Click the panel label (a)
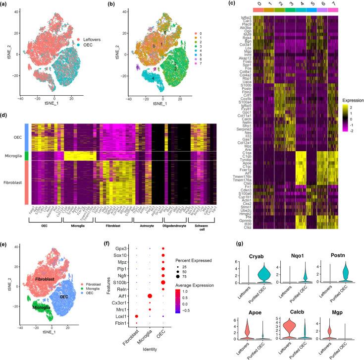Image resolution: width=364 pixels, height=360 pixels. [5, 4]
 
